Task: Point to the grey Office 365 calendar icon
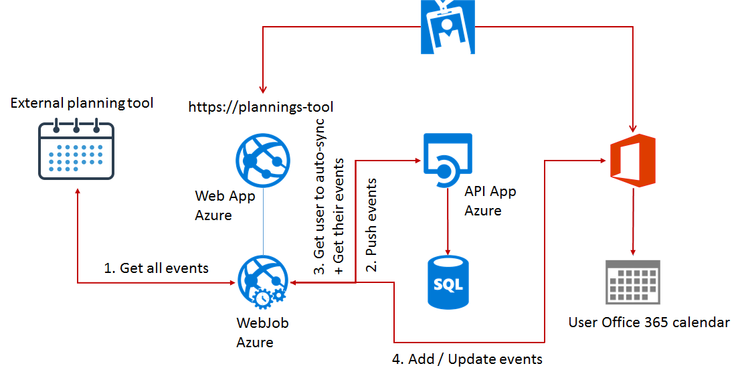pos(632,284)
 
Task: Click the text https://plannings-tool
pos(261,106)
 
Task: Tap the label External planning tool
pos(82,103)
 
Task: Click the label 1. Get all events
pos(157,268)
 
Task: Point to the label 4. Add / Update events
pos(467,359)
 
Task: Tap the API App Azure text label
pos(490,201)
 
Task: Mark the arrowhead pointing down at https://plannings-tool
pos(263,89)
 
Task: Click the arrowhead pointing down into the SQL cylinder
pos(448,250)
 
